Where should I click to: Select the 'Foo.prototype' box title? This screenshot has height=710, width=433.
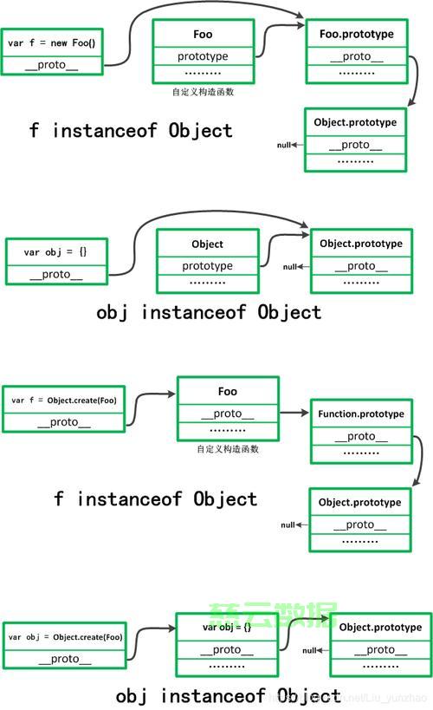tap(356, 35)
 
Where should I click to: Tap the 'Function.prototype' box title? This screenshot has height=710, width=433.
tap(361, 414)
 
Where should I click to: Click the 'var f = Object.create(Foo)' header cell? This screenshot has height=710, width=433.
tap(64, 401)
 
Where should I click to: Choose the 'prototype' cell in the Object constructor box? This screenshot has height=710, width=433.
tap(207, 265)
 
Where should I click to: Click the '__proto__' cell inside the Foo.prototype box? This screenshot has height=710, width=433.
tap(356, 56)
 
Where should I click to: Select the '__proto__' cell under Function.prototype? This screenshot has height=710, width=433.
tap(361, 437)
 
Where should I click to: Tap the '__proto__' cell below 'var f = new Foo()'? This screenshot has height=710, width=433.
tap(52, 64)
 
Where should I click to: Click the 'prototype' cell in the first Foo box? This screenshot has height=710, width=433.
tap(203, 56)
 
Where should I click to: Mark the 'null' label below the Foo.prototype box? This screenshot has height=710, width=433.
tap(284, 145)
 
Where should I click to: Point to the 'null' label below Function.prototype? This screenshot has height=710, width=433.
tap(288, 524)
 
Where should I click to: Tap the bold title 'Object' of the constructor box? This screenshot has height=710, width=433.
tap(207, 244)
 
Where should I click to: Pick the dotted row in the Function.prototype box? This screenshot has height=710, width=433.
tap(361, 453)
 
